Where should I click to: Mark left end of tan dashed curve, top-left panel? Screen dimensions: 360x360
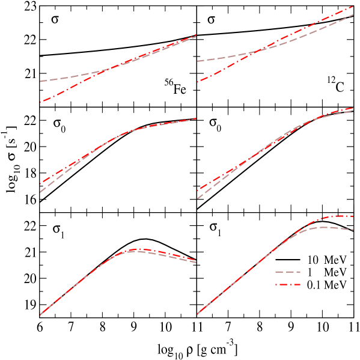coord(40,81)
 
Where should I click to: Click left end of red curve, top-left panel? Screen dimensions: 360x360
coord(40,102)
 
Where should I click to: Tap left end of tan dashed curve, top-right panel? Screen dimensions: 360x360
coord(197,61)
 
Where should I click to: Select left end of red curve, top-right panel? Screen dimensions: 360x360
coord(197,81)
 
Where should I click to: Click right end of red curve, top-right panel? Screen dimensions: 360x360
coord(353,5)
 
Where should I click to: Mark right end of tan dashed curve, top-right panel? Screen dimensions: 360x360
coord(353,14)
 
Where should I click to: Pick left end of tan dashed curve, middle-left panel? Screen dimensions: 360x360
coord(40,192)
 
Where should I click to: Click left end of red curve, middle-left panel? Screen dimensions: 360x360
coord(40,184)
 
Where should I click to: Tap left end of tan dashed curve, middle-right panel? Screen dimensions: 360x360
coord(197,198)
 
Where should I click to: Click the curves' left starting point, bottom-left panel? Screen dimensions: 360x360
coord(40,314)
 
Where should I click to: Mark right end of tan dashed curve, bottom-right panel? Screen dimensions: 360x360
coord(353,230)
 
